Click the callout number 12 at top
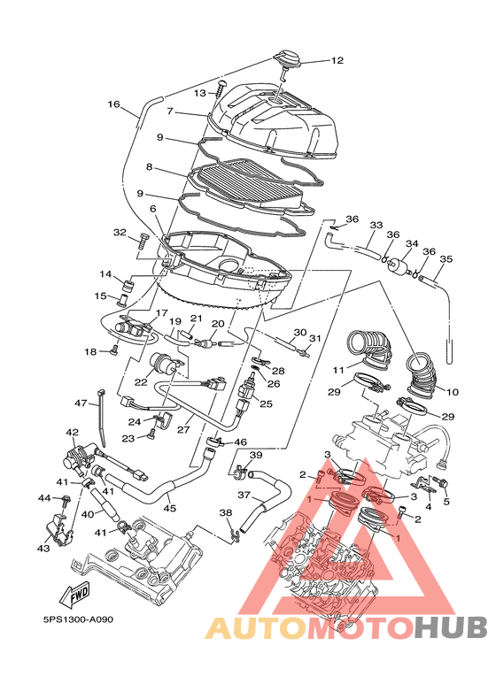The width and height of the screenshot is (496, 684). coord(337,61)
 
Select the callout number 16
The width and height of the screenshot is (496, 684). coord(114,104)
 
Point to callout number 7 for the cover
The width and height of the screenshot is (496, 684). coord(171,111)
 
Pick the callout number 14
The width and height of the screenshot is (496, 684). coord(105,274)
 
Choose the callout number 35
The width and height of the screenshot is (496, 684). coord(446,259)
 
